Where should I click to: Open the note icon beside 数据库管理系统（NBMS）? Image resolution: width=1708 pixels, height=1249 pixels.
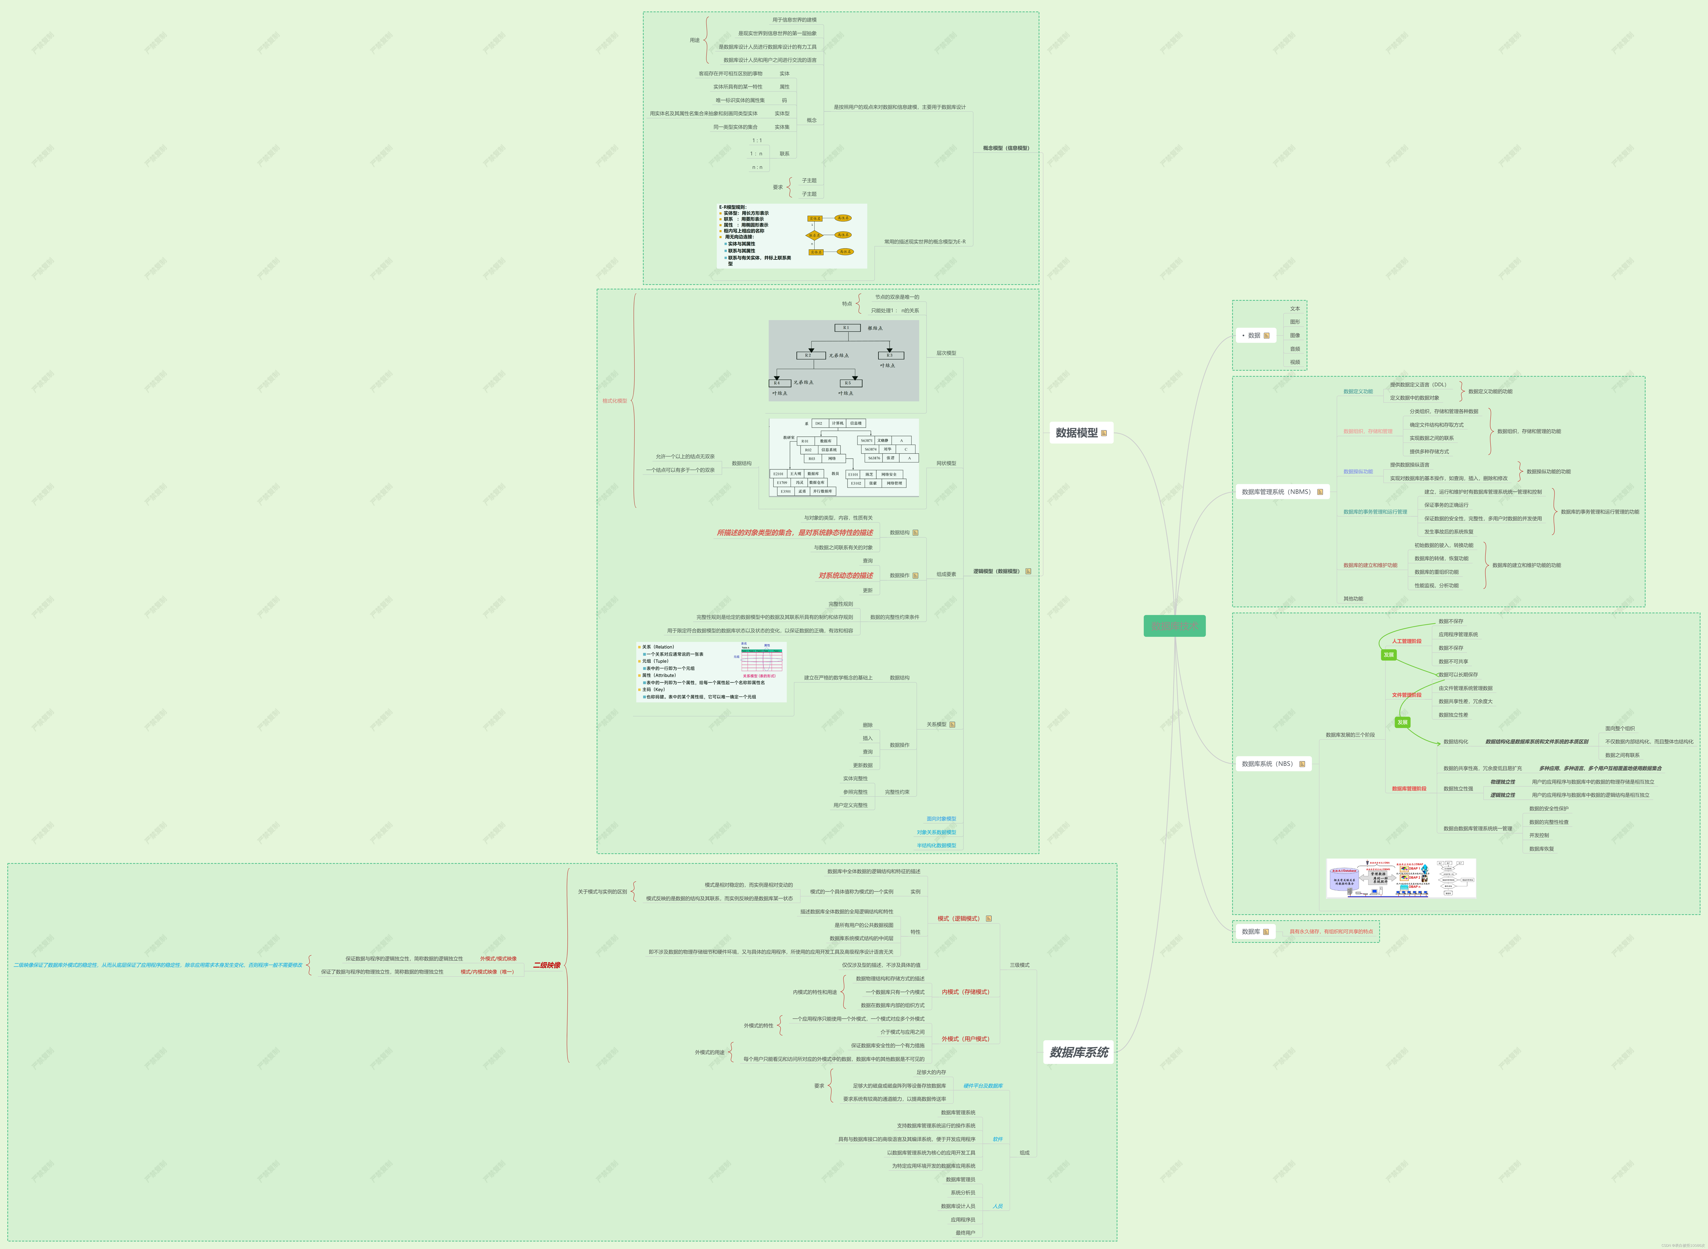coord(1320,492)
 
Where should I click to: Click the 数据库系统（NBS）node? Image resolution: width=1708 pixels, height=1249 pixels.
coord(1267,764)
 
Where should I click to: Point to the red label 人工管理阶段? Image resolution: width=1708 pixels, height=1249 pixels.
coord(1406,641)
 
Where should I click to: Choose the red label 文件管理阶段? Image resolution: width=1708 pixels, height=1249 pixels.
coord(1406,695)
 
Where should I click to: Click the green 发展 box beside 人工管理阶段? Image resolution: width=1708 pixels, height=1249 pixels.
coord(1388,655)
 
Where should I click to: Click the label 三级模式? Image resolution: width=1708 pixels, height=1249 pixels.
coord(1019,966)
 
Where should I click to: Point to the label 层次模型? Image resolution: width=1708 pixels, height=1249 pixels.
coord(946,353)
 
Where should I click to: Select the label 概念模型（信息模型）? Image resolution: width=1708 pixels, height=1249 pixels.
coord(1006,148)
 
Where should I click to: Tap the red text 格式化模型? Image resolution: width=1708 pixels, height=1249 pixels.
coord(615,401)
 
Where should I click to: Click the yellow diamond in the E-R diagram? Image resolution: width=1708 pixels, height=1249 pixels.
coord(813,235)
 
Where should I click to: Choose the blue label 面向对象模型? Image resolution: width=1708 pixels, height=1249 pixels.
coord(941,819)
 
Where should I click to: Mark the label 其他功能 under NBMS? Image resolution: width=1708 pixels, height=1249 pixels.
coord(1353,599)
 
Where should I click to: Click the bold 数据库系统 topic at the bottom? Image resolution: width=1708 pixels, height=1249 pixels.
coord(1079,1052)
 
